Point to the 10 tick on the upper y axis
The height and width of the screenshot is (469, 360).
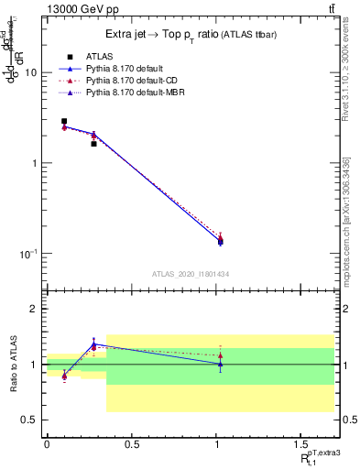coord(31,72)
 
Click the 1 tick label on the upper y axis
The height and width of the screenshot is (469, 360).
coord(35,163)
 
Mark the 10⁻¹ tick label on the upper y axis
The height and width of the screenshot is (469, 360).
coord(27,253)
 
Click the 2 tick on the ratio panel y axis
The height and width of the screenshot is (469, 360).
coord(35,310)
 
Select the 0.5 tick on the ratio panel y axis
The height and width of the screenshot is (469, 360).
coord(30,420)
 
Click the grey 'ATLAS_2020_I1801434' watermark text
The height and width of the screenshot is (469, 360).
coord(190,274)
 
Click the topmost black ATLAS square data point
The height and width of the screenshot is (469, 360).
coord(64,121)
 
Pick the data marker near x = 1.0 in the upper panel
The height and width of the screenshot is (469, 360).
coord(220,241)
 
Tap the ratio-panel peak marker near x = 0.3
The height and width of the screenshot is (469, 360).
coord(93,344)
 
